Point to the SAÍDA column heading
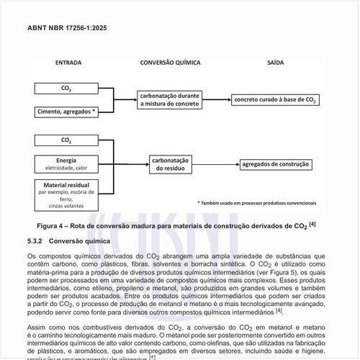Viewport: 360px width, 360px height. pos(276,63)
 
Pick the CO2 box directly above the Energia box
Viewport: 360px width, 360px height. pos(66,140)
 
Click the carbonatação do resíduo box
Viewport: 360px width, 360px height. pos(170,164)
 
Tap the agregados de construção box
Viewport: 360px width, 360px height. pos(275,164)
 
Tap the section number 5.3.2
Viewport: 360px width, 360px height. pos(35,241)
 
